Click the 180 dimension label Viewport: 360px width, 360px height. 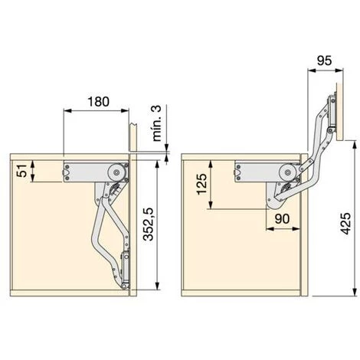coord(98,102)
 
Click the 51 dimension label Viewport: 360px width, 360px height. coord(21,171)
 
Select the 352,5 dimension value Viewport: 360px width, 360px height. coord(148,224)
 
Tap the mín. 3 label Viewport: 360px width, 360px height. coord(156,123)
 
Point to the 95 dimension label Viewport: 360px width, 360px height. coord(324,61)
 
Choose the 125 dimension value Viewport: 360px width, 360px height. coord(201,184)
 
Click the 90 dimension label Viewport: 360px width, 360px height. coord(282,219)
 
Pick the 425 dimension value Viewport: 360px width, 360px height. coord(346,224)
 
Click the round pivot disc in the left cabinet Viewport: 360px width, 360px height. coord(116,172)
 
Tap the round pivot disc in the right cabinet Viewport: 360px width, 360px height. coord(287,172)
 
